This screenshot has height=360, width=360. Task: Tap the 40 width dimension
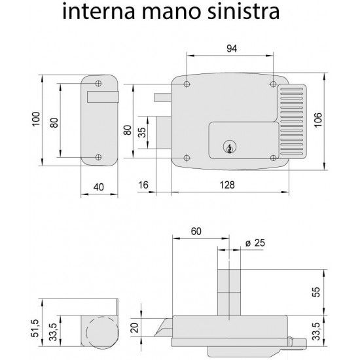point(99,187)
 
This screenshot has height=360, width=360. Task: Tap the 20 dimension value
point(134,327)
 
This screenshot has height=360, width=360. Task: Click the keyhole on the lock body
point(228,147)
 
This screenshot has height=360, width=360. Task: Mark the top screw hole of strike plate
point(98,84)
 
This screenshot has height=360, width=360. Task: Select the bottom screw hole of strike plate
point(98,156)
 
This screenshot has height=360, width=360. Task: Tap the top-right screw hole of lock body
point(272,85)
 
